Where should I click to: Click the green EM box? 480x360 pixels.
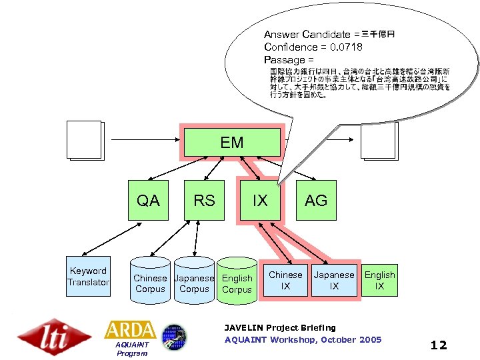(232, 143)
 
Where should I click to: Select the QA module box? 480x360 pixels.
(148, 200)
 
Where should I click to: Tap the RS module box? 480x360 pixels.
(204, 200)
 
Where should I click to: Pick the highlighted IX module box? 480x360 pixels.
(260, 200)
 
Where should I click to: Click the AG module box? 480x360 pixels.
(316, 200)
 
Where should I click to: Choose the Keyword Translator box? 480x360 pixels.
(88, 277)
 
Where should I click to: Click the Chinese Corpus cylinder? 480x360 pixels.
(150, 283)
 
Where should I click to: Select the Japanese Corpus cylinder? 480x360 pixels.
(194, 283)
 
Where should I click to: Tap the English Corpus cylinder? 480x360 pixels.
(237, 283)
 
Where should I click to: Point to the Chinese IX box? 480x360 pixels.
(285, 280)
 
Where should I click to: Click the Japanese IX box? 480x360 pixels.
(334, 280)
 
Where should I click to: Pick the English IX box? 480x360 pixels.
(379, 280)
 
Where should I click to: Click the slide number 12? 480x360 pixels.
(439, 345)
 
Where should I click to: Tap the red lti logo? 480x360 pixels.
(55, 337)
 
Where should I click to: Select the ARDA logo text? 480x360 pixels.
(130, 329)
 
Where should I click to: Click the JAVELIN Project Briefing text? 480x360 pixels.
(280, 327)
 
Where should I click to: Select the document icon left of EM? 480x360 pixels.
(84, 141)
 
